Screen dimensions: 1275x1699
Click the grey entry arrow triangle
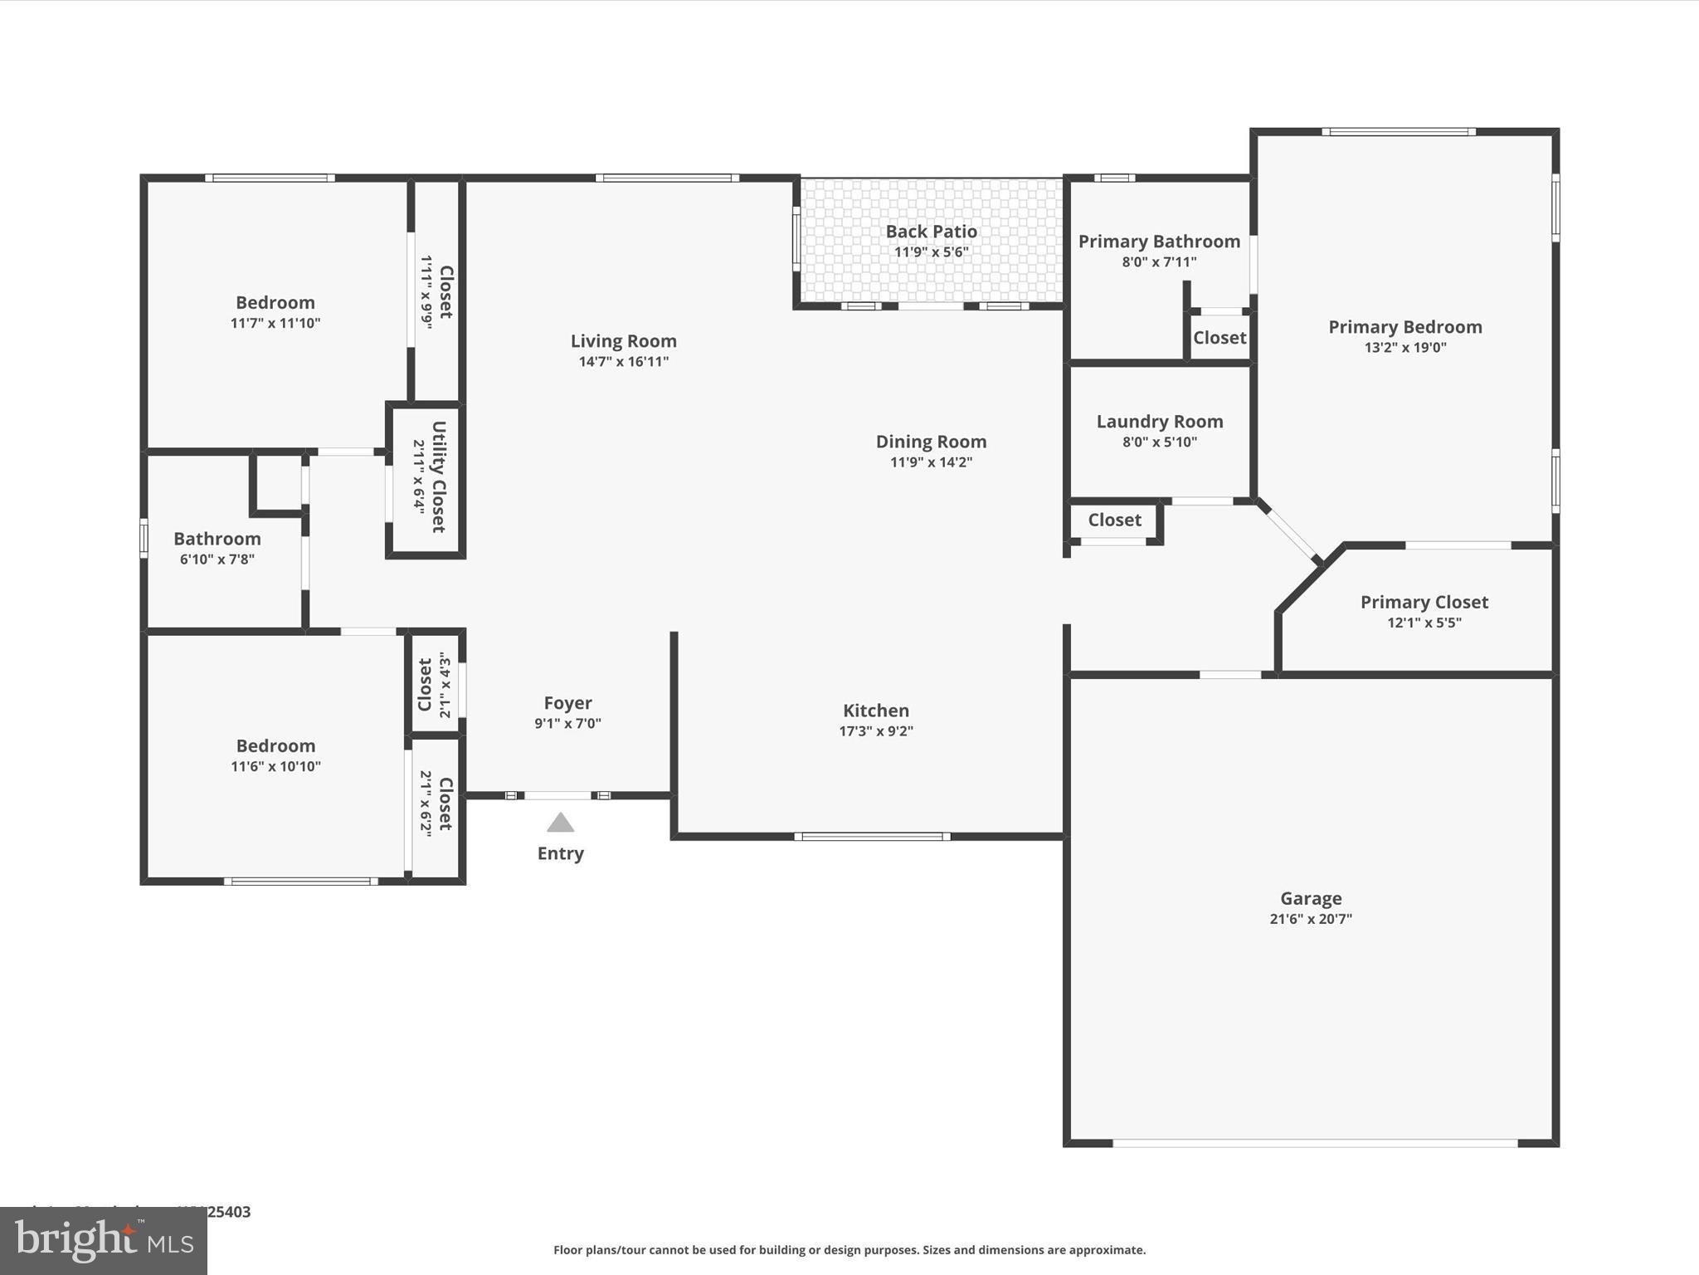560,823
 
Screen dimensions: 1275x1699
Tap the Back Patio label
931,232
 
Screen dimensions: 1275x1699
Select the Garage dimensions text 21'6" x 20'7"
1310,919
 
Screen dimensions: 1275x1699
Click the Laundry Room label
1159,422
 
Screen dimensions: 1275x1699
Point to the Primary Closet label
1424,603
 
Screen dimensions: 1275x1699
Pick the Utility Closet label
440,476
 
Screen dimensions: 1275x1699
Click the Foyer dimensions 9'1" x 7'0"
567,723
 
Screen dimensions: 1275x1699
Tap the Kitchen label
876,711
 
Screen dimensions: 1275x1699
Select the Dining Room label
931,442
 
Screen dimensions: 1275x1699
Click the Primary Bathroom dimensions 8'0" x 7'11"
1159,262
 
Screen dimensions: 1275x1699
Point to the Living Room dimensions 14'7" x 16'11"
623,361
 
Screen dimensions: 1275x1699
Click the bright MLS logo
104,1241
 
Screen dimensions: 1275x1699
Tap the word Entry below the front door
560,853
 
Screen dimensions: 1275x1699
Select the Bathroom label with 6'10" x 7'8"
217,539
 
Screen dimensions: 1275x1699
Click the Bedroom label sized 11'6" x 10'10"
275,745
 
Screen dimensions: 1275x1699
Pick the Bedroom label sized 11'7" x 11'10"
275,302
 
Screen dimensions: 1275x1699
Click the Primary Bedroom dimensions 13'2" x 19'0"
1404,348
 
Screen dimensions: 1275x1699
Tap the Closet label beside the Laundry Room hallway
1114,520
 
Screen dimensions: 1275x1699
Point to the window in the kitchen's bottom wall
872,837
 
